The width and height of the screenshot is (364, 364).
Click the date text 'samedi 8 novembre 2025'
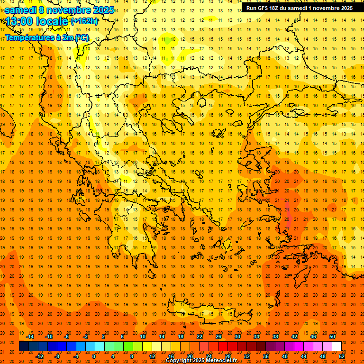tap(59, 10)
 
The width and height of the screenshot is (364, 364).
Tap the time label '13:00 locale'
tap(37, 21)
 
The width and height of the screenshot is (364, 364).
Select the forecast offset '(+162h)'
tap(84, 21)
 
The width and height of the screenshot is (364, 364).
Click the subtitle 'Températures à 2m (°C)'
tap(47, 37)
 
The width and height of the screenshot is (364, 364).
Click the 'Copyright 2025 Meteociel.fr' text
tap(201, 361)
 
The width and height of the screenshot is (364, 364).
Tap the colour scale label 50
tap(332, 336)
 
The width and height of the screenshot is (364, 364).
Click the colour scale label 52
tap(342, 356)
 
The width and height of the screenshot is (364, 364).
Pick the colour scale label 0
tap(94, 356)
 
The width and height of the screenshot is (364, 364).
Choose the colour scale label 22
tap(200, 336)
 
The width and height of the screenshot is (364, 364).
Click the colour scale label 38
tap(275, 336)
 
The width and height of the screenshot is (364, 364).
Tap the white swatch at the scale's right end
tap(337, 346)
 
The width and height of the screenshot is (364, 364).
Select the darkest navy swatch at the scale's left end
tap(24, 346)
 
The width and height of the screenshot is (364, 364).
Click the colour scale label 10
tap(143, 336)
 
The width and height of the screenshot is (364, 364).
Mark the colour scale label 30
tap(237, 336)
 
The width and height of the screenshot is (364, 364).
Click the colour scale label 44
tap(304, 356)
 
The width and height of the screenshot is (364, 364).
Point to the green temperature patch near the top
tap(166, 41)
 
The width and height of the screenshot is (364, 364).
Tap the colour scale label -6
tap(67, 336)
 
